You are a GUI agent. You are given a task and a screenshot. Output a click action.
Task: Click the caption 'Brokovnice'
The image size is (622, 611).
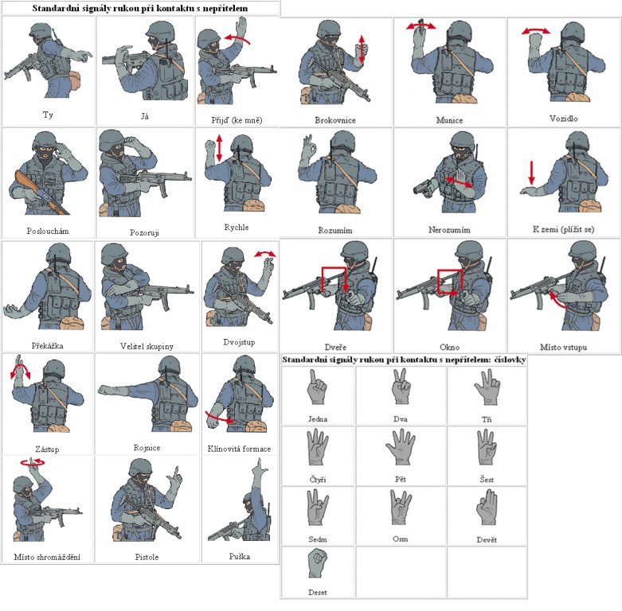click(x=335, y=120)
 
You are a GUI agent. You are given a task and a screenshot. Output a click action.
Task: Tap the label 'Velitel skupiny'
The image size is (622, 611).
click(x=147, y=346)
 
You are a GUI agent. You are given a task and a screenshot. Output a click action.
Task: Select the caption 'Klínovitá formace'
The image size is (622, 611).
click(x=239, y=449)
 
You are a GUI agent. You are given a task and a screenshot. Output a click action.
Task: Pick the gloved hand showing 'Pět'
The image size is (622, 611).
click(x=401, y=447)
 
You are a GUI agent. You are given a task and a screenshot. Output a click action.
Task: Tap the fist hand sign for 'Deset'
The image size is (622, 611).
click(x=318, y=563)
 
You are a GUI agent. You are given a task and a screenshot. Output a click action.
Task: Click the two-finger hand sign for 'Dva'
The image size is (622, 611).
click(x=401, y=386)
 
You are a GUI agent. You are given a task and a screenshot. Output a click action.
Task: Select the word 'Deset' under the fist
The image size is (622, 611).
click(x=318, y=593)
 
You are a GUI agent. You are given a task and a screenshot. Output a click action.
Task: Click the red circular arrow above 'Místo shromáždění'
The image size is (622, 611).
click(x=33, y=461)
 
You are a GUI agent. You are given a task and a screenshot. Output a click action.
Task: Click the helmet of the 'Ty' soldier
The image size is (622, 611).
click(x=41, y=31)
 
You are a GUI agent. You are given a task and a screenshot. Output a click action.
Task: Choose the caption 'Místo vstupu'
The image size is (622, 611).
click(x=563, y=347)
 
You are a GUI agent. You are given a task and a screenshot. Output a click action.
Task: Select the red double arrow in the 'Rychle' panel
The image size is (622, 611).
click(x=219, y=148)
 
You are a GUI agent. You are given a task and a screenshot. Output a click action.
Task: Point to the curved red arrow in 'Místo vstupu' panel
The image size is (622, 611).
click(x=556, y=301)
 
